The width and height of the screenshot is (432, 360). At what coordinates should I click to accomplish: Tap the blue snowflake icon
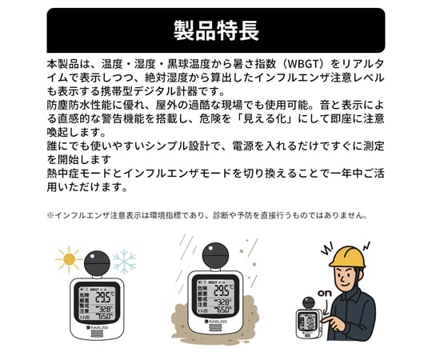pos(124,261)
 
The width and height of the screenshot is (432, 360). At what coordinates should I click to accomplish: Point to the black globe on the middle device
pos(210,259)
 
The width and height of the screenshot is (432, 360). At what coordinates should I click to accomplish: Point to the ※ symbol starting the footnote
pos(50,216)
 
